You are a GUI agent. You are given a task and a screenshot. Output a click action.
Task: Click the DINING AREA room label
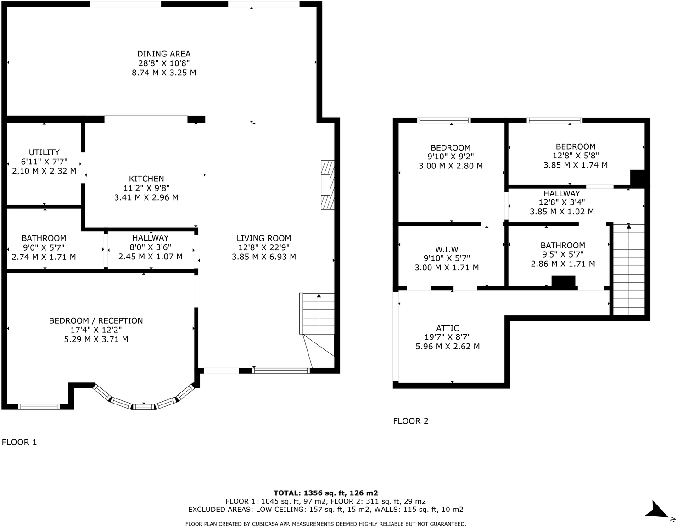click(164, 54)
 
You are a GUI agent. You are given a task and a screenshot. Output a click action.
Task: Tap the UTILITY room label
click(44, 152)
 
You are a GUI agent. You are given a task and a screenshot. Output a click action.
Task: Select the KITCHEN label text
click(146, 179)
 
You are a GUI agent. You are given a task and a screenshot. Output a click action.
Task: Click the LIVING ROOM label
click(263, 238)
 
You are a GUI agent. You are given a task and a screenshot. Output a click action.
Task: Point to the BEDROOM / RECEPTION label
click(96, 321)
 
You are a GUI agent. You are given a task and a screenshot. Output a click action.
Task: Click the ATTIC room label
click(448, 328)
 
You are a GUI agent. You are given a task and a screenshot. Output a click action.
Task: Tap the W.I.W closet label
click(447, 250)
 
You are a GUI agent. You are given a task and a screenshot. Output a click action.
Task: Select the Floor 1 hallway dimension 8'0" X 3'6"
click(151, 247)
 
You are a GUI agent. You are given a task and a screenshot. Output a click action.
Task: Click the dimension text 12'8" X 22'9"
click(263, 247)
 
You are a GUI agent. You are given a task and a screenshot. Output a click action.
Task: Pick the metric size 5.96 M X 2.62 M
click(448, 347)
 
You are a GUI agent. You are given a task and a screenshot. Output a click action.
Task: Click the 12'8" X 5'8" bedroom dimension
click(576, 156)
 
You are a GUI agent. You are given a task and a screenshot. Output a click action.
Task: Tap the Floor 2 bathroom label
click(563, 246)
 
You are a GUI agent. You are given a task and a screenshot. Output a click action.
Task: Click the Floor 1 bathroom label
click(44, 238)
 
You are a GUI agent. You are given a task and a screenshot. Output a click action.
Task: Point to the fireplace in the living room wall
click(327, 185)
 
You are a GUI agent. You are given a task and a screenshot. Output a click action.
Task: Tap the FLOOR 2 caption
click(411, 421)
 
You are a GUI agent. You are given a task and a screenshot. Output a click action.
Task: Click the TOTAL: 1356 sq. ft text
click(325, 493)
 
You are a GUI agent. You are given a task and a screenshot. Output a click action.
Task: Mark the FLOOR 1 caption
click(19, 442)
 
